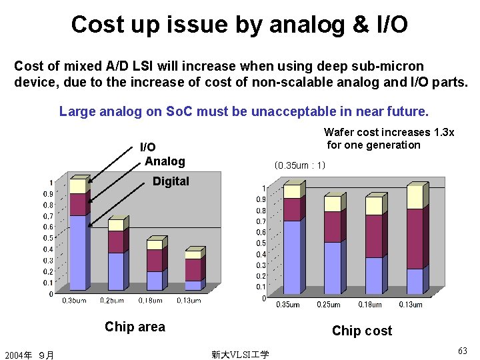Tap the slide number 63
(463, 351)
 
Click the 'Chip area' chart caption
(135, 327)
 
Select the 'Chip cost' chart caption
(362, 331)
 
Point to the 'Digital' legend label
(171, 181)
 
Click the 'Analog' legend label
(165, 161)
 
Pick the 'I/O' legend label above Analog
(147, 147)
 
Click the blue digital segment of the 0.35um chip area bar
(77, 252)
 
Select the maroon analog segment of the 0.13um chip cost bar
(415, 239)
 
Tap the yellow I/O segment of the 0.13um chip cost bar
(415, 197)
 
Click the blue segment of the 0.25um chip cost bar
(332, 267)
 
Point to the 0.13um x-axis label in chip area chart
(189, 301)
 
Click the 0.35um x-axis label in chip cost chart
(288, 305)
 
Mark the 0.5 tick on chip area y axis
(49, 238)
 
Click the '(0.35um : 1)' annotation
(300, 165)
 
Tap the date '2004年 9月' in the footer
(29, 355)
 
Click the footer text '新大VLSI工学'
(240, 355)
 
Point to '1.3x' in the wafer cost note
(443, 133)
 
